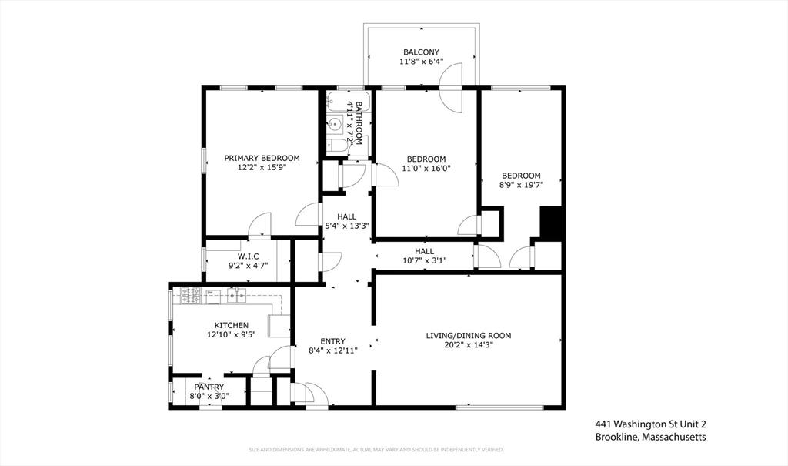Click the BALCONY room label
tap(420, 52)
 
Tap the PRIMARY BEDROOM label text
tap(262, 158)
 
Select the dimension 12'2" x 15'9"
tap(262, 167)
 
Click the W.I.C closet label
tap(248, 256)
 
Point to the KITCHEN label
tap(231, 325)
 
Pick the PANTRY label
tap(209, 387)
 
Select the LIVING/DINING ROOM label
tap(468, 335)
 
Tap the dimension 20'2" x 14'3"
tap(468, 345)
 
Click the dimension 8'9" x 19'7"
tap(521, 185)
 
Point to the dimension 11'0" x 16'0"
tap(426, 168)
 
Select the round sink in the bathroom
tap(336, 123)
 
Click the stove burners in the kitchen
tap(191, 293)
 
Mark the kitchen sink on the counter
tap(236, 293)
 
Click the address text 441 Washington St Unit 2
tap(649, 424)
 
